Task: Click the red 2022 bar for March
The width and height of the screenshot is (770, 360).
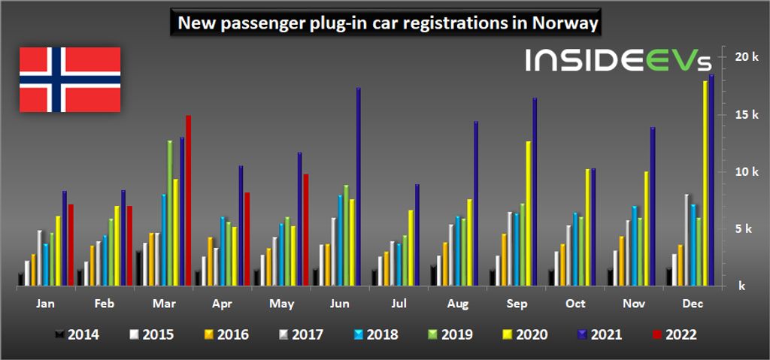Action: pyautogui.click(x=188, y=201)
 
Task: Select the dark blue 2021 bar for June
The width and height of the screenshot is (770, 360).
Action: pyautogui.click(x=359, y=187)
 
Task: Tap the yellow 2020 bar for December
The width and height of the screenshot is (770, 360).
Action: pyautogui.click(x=705, y=183)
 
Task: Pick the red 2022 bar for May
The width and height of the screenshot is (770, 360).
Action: pyautogui.click(x=305, y=230)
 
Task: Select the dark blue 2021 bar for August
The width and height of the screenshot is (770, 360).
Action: pyautogui.click(x=476, y=204)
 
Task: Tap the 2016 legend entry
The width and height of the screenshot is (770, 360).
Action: pyautogui.click(x=226, y=334)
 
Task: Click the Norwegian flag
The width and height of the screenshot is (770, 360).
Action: pyautogui.click(x=69, y=80)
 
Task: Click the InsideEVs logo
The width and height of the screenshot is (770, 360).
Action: pyautogui.click(x=617, y=61)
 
